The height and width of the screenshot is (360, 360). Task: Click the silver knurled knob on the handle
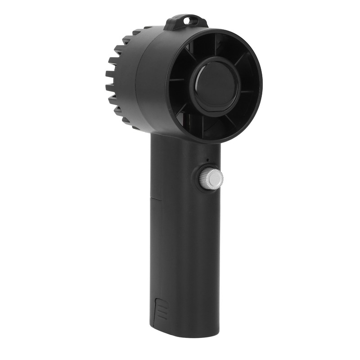tap(211, 179)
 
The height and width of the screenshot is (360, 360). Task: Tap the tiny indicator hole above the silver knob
tap(207, 160)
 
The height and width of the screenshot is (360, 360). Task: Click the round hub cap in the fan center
tap(215, 86)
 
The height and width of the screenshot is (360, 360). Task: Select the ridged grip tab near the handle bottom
tap(161, 310)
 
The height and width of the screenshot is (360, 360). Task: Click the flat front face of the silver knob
tap(216, 179)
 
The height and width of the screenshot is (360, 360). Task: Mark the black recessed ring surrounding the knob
tap(202, 179)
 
